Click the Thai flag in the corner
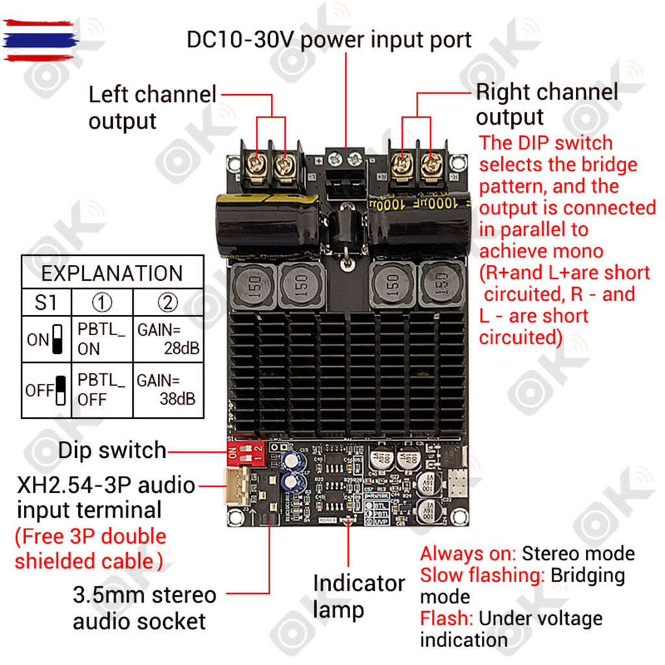[x=40, y=40]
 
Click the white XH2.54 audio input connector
[x=234, y=486]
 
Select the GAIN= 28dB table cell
[x=168, y=338]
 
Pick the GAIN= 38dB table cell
[x=168, y=389]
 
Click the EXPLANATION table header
[x=112, y=273]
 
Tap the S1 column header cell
[x=46, y=303]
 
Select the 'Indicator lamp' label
[x=358, y=596]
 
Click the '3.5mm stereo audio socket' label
[x=144, y=608]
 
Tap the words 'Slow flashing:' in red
[x=483, y=575]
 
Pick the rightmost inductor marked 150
[x=442, y=284]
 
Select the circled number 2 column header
[x=168, y=303]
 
